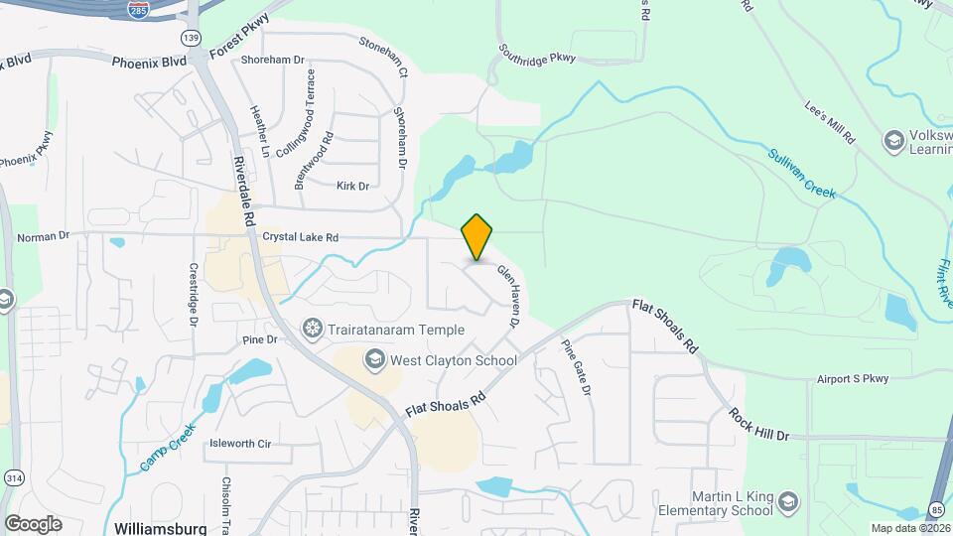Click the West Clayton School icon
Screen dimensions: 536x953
pos(375,358)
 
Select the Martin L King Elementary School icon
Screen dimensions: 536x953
pos(787,501)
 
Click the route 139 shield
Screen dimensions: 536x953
pos(191,37)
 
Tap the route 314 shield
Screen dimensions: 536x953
pos(13,479)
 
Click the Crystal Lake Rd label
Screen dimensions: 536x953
pos(301,237)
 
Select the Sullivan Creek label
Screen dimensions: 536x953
pos(802,173)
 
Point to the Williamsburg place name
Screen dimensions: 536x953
pos(160,526)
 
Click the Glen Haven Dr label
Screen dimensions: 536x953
pos(508,296)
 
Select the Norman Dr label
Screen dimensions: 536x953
pos(44,237)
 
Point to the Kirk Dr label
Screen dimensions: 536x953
pos(352,186)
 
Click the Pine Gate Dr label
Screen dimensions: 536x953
pos(577,368)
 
